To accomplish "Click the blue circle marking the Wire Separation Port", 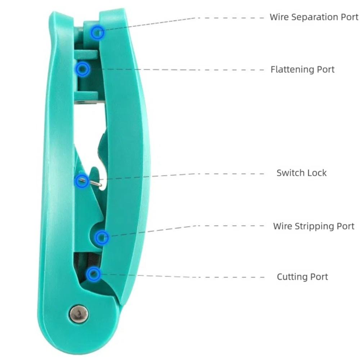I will tap(97, 33).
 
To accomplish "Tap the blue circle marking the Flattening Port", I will tap(83, 69).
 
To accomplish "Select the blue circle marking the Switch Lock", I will tap(82, 181).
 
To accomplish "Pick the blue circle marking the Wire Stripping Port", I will tap(102, 237).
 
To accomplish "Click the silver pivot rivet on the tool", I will tap(79, 314).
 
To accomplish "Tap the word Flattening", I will tap(292, 69).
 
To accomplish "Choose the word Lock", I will tap(316, 173).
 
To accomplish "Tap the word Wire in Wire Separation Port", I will tap(279, 17).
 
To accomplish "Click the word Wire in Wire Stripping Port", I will tap(282, 226).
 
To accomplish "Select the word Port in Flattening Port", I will tap(325, 69).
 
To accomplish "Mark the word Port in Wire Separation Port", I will tap(349, 17).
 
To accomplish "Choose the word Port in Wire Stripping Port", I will tap(345, 226).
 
